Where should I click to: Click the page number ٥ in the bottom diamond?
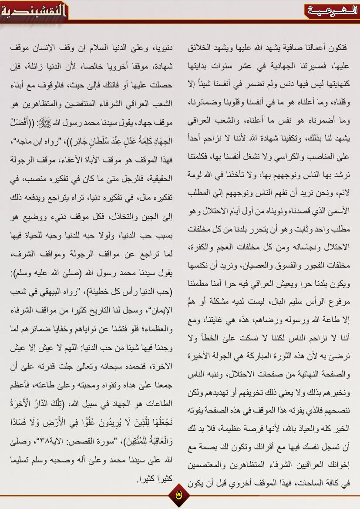[x=180, y=494]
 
